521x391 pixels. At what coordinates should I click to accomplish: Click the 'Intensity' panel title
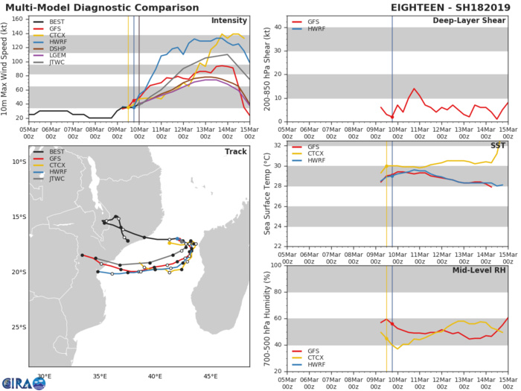coord(229,20)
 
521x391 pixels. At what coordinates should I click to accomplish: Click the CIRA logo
coord(19,379)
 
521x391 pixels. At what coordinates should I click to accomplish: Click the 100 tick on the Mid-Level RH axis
coord(274,265)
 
